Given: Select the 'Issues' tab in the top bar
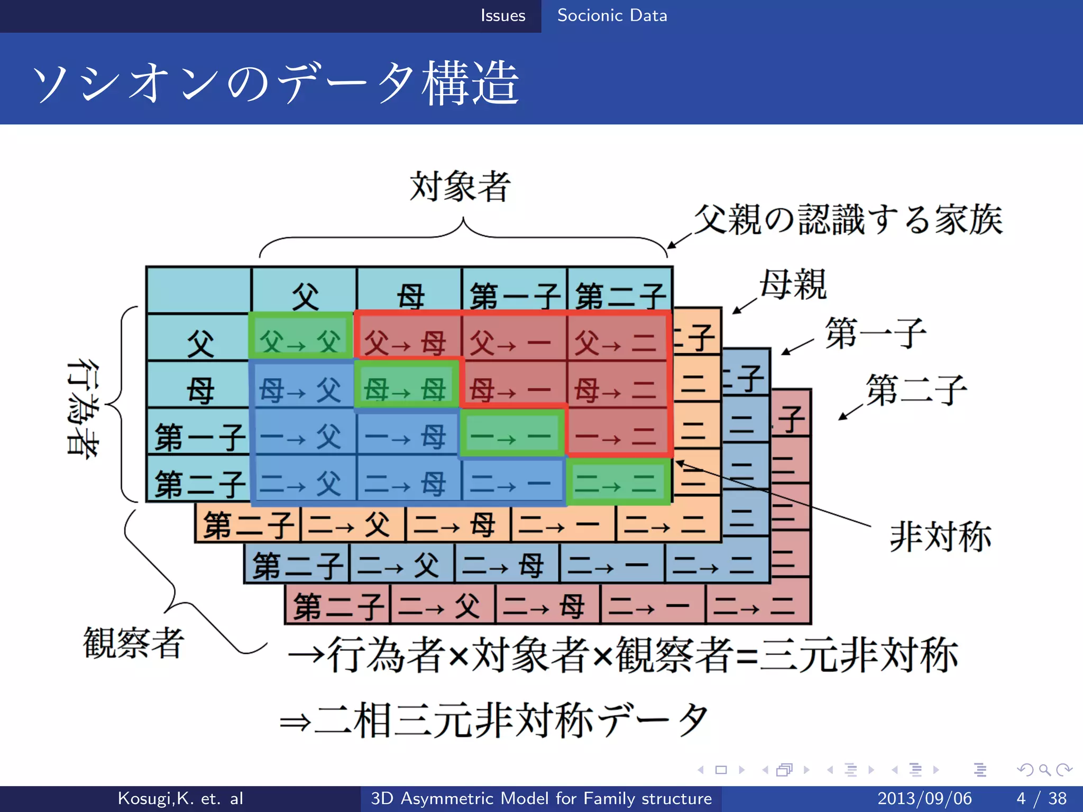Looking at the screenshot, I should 502,15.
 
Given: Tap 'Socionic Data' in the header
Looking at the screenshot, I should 612,15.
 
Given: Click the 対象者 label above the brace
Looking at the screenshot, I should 460,186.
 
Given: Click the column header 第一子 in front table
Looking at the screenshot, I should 514,295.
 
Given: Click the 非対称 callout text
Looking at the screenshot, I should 940,536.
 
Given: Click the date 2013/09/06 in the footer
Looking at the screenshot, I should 924,798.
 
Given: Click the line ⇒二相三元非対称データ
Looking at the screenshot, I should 494,720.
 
